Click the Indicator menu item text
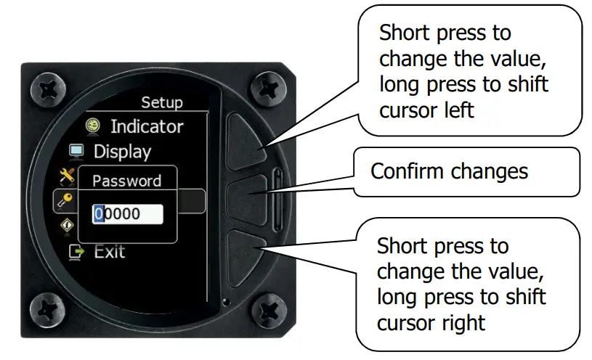(146, 126)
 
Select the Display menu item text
(122, 152)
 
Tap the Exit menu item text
(110, 252)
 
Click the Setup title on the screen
(161, 102)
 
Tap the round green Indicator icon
(93, 126)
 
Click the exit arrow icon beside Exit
(76, 252)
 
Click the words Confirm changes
(449, 172)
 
